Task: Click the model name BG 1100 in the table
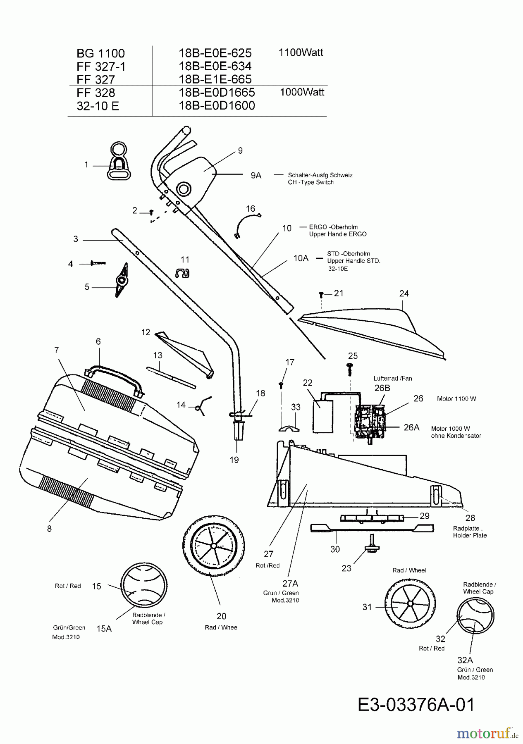pos(100,53)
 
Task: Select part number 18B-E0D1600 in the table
pos(217,106)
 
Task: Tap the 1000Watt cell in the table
pos(302,92)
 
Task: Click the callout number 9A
pos(256,175)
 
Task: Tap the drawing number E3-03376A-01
pos(416,705)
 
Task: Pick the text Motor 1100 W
pos(456,399)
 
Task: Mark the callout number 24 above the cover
pos(404,293)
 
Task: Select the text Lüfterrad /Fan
pos(393,378)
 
